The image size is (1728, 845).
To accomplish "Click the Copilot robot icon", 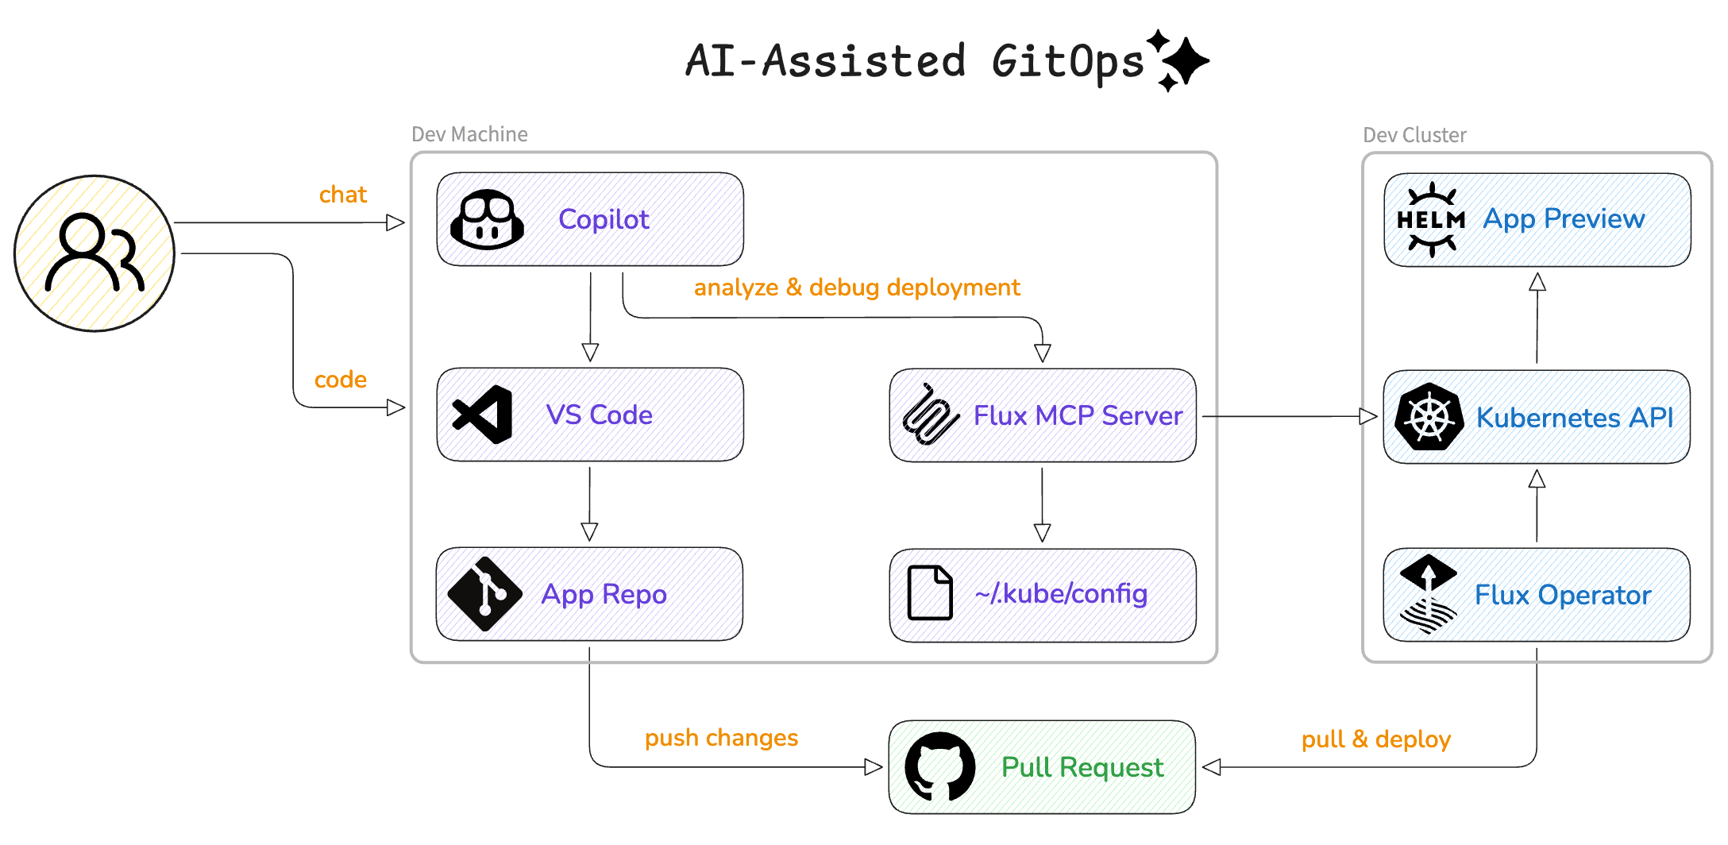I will point(487,219).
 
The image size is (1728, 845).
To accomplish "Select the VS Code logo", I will point(483,415).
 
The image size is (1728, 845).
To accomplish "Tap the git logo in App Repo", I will point(484,594).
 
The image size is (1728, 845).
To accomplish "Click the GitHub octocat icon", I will point(939,767).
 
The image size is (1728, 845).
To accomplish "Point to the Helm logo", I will point(1431,220).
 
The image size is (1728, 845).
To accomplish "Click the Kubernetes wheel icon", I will point(1429,417).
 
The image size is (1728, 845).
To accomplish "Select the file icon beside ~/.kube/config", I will point(930,592).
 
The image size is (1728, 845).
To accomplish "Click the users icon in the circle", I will point(94,253).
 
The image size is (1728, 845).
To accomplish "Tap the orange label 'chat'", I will point(342,195).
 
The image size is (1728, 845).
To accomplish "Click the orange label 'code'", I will point(340,380).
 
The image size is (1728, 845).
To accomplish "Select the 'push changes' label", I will point(721,738).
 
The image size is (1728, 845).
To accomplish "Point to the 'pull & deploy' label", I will point(1375,739).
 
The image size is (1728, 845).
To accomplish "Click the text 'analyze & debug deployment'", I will point(856,287).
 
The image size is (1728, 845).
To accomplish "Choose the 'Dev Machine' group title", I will point(469,134).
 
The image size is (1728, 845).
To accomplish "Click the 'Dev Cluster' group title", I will point(1414,135).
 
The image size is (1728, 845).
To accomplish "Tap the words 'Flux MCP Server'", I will point(1078,415).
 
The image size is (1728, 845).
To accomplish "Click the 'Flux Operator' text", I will point(1562,595).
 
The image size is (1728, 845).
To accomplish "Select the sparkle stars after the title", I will point(1180,60).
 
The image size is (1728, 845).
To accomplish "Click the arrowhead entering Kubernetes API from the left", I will point(1367,416).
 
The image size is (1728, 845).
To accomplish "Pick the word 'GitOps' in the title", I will point(1067,62).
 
